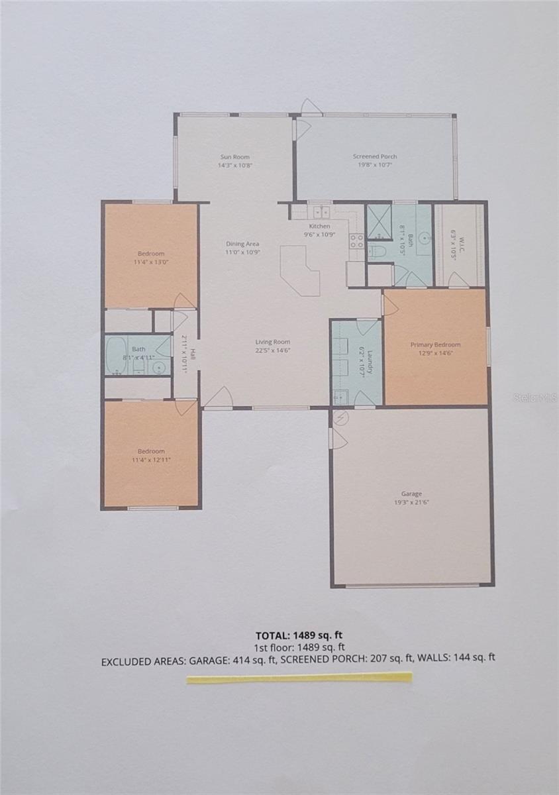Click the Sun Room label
[235, 157]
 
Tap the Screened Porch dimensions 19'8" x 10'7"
[375, 165]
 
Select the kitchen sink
[321, 212]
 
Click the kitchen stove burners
[356, 240]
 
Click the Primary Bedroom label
[435, 344]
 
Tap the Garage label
[411, 494]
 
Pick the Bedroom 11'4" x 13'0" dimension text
[151, 262]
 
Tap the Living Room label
[274, 342]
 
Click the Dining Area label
[242, 244]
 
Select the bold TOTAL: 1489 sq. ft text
[299, 635]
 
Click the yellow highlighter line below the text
[299, 677]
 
